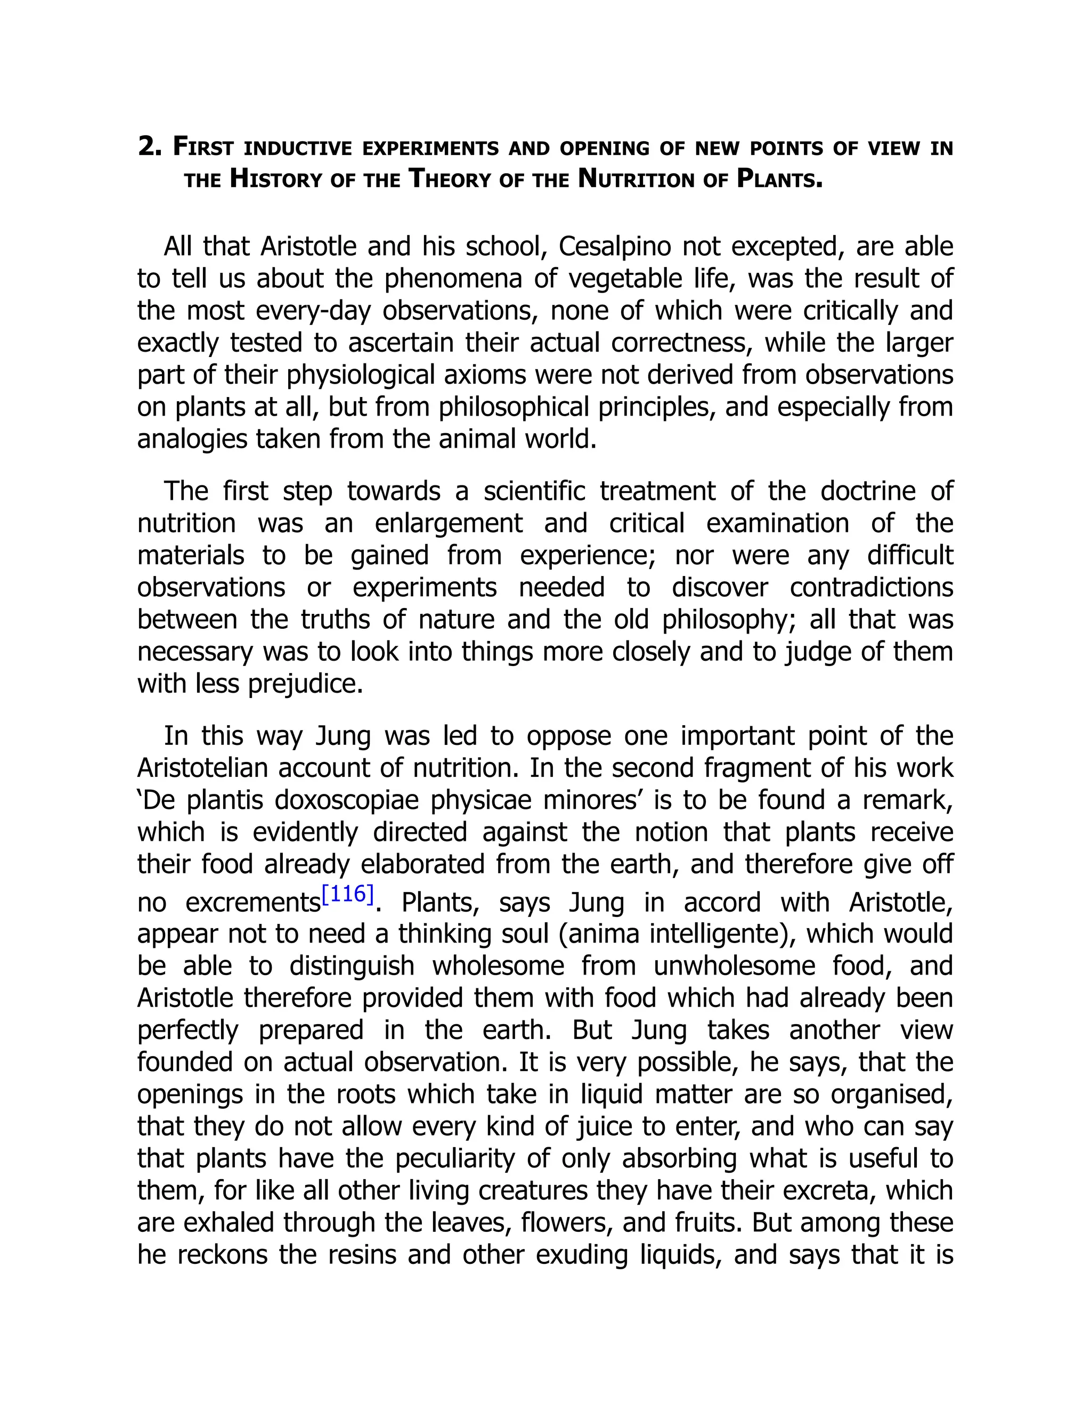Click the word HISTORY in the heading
[276, 179]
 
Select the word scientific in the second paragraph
[534, 491]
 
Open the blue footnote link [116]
[348, 894]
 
